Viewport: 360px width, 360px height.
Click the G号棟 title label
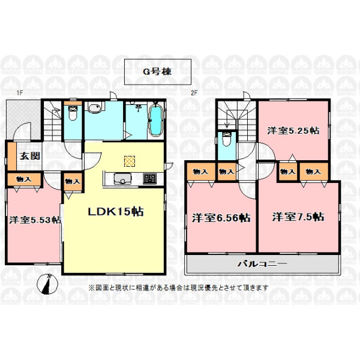tap(157, 71)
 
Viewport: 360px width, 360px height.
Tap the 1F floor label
tap(20, 93)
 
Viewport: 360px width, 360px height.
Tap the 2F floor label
tap(194, 93)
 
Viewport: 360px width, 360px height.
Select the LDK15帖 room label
tap(116, 211)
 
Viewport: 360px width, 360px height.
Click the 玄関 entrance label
tap(29, 156)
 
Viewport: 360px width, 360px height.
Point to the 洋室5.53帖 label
tap(35, 220)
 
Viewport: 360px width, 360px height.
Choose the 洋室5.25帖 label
tap(293, 131)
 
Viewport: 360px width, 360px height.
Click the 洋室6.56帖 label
tap(221, 218)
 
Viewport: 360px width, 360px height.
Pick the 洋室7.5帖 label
tap(298, 217)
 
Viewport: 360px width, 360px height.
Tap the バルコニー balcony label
tap(262, 263)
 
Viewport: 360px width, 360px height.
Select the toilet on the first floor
tap(73, 113)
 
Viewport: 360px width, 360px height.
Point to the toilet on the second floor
tap(226, 139)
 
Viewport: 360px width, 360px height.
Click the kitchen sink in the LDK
tap(122, 179)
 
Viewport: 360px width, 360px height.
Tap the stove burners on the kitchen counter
tap(149, 179)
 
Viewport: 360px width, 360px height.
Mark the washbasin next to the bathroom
tap(94, 109)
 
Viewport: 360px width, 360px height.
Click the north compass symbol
tap(47, 284)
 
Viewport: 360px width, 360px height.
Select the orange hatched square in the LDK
tap(129, 161)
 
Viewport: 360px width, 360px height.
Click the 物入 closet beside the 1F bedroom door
tap(73, 182)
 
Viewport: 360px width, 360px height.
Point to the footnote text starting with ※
tap(178, 287)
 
